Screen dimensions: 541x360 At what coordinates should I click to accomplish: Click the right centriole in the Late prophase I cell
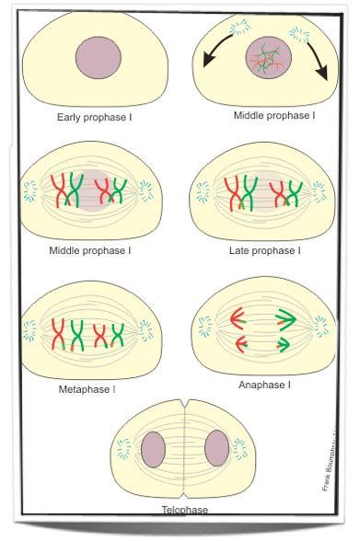coord(319,192)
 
